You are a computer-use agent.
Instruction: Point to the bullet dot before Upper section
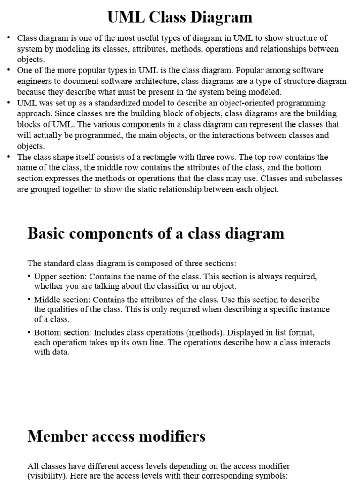click(29, 277)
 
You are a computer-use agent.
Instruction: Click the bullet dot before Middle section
click(29, 300)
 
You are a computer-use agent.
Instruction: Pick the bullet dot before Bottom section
click(29, 332)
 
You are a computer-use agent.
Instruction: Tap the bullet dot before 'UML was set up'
click(9, 103)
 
